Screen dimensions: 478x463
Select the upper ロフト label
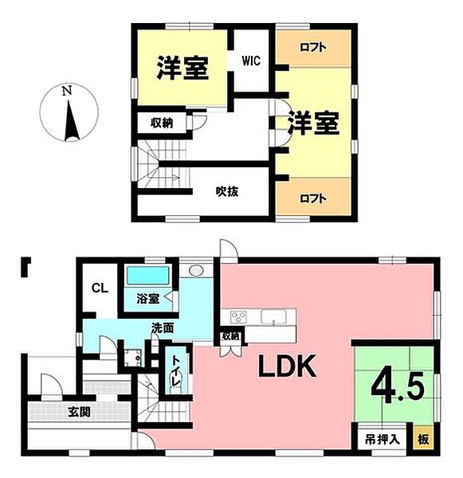pos(312,48)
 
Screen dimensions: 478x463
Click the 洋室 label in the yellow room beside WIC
pos(182,68)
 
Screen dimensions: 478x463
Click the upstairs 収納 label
pos(163,123)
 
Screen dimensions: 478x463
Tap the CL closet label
pos(99,288)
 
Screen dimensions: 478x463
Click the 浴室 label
pos(147,300)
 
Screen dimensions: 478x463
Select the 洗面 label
pos(163,327)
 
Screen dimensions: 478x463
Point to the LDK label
pos(287,366)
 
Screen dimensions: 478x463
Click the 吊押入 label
pos(382,439)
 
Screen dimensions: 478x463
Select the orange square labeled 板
pos(423,439)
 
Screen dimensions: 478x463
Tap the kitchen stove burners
pos(240,316)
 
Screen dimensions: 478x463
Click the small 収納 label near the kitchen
pos(231,338)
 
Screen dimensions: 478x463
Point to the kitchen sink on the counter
pos(275,318)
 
